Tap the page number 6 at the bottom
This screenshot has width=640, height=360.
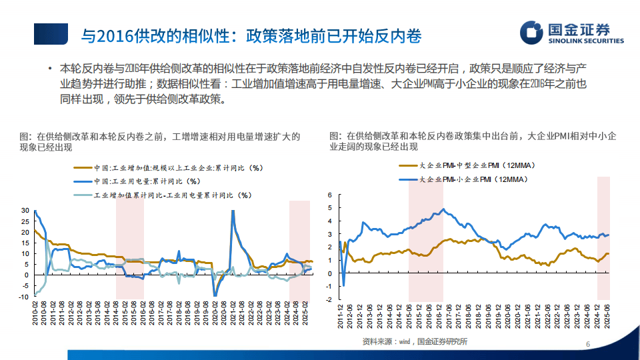click(587, 344)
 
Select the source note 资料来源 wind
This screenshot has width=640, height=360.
click(415, 342)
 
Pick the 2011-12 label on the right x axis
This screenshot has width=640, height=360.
click(341, 319)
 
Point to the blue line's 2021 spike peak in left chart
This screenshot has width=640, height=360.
click(233, 211)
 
